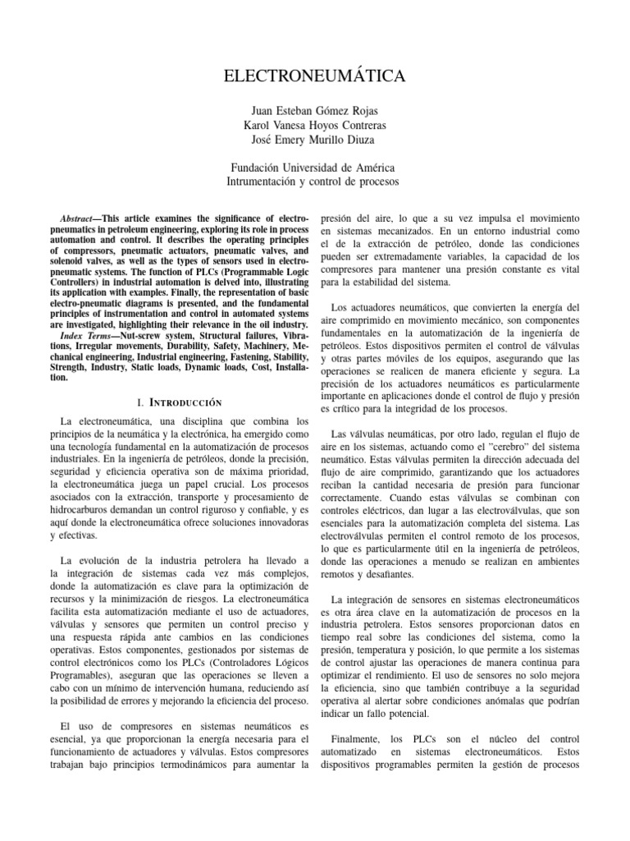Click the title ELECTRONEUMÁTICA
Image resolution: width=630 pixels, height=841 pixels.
point(315,77)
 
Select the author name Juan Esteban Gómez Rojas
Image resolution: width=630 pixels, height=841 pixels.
point(315,110)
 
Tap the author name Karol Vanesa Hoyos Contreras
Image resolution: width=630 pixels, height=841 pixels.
point(315,125)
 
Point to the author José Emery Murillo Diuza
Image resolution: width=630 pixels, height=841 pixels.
point(315,140)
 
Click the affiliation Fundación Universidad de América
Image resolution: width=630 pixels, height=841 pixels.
point(315,168)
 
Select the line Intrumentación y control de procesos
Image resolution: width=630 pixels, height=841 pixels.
point(315,182)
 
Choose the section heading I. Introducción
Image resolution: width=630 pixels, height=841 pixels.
point(179,404)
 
